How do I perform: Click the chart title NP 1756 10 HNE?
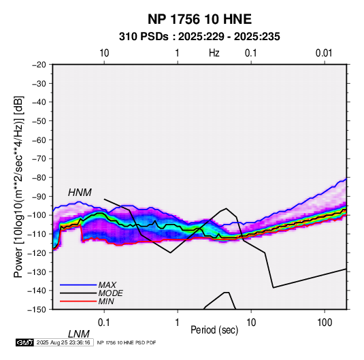(199, 19)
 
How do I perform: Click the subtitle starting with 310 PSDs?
(199, 37)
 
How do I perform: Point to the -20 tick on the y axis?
(39, 65)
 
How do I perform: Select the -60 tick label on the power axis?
(39, 140)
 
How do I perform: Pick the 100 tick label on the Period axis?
(325, 323)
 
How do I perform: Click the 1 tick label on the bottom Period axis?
(178, 323)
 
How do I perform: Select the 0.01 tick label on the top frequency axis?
(324, 53)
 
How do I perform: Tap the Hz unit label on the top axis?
(214, 53)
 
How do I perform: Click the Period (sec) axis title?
(214, 330)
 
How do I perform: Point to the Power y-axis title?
(18, 186)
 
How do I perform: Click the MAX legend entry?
(107, 285)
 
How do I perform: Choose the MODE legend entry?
(110, 293)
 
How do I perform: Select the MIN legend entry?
(106, 301)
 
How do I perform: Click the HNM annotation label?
(80, 193)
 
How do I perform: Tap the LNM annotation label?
(79, 334)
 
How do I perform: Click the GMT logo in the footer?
(24, 342)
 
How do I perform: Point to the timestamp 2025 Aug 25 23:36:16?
(63, 342)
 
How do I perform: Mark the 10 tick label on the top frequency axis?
(104, 53)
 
